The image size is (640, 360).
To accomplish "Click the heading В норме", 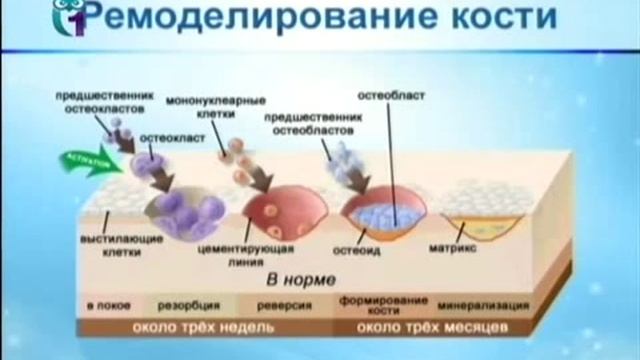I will point(301,279).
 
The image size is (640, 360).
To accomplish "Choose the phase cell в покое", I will point(104,305).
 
